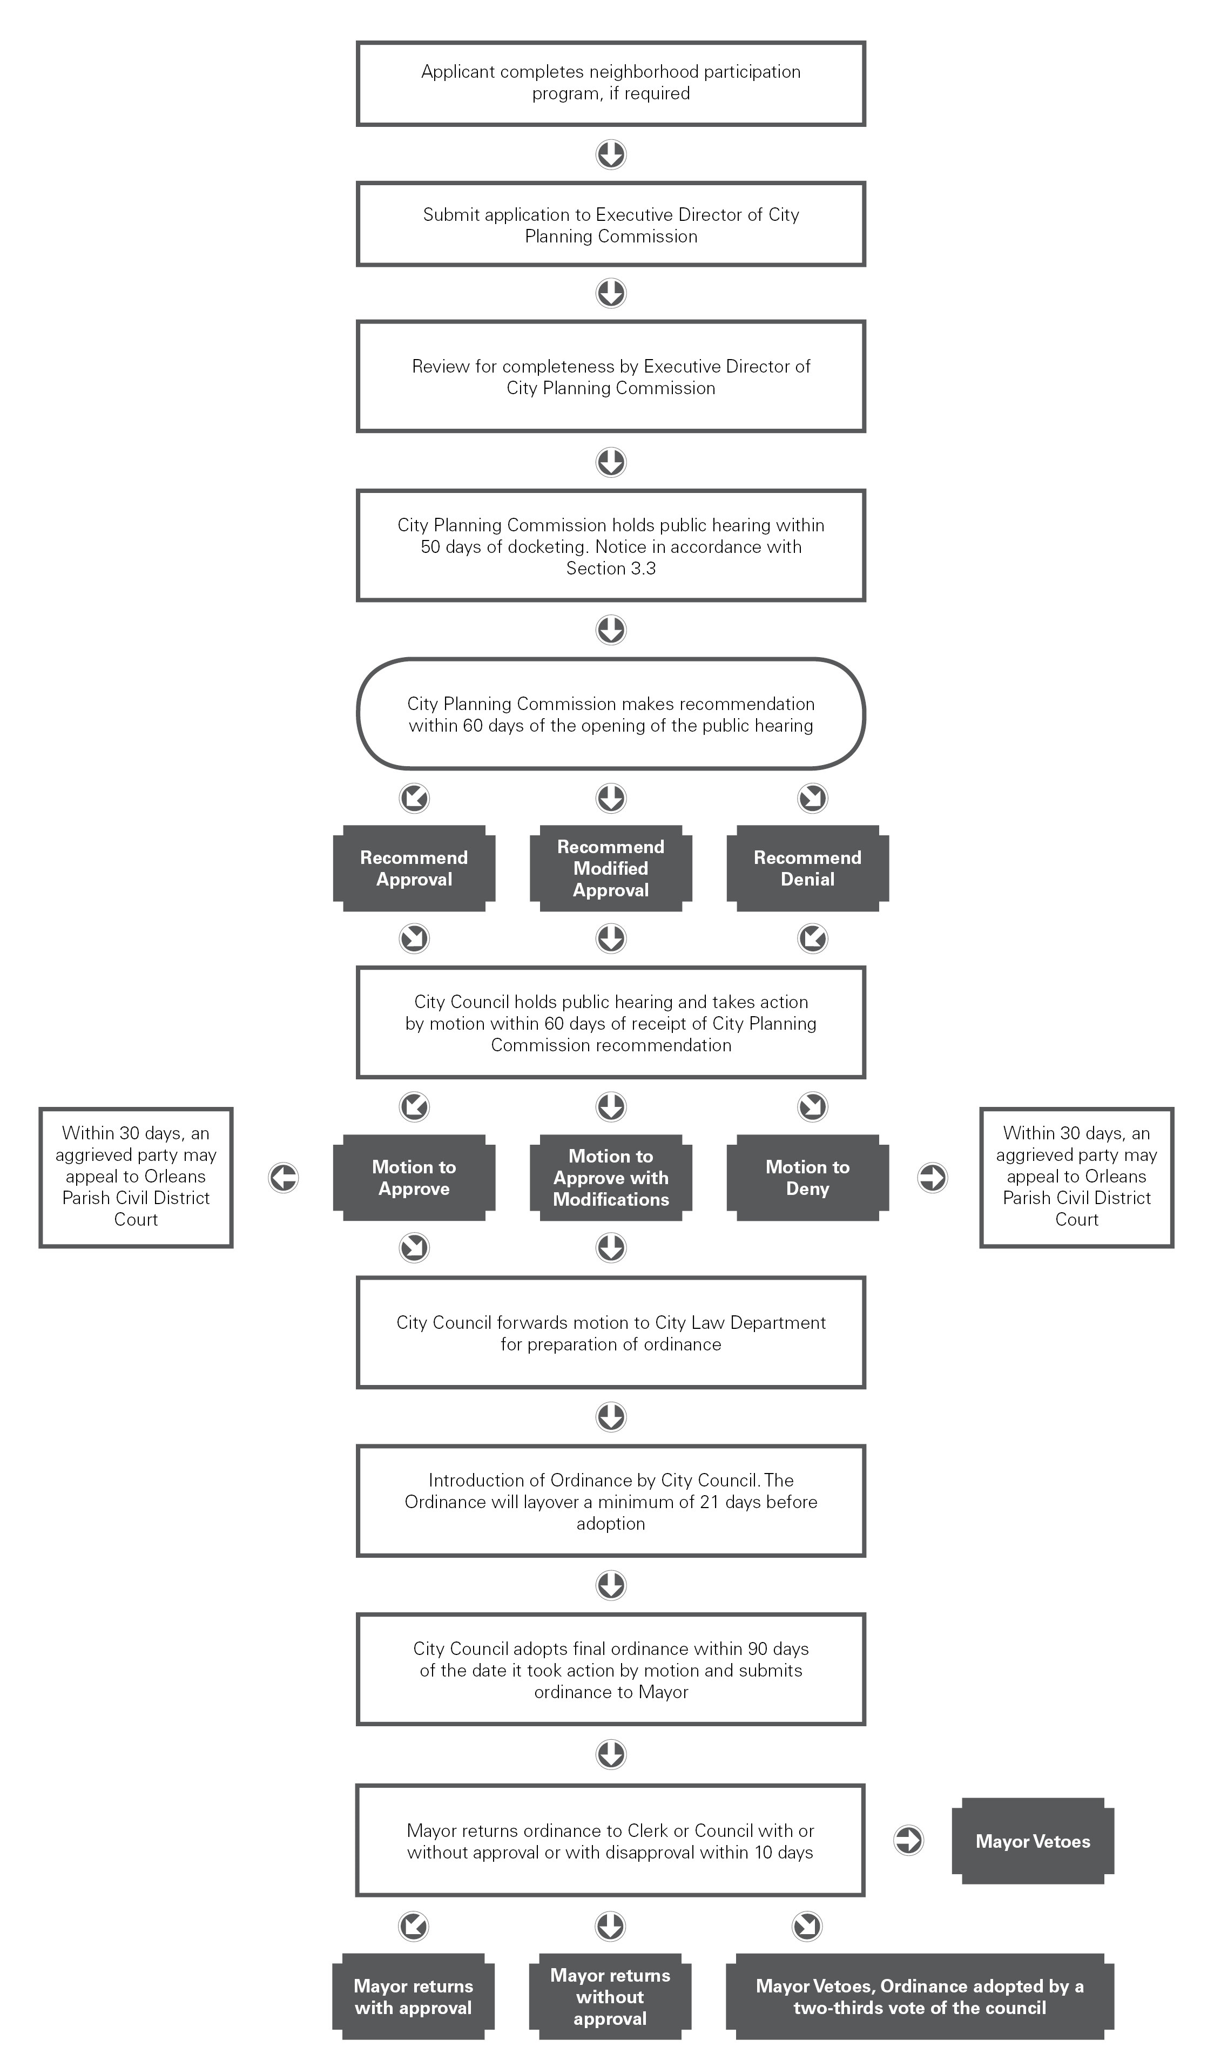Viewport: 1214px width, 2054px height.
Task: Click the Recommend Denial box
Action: pyautogui.click(x=807, y=868)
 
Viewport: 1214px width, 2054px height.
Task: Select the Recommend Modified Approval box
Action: pyautogui.click(x=611, y=868)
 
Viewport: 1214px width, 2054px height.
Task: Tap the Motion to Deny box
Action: pyautogui.click(x=807, y=1178)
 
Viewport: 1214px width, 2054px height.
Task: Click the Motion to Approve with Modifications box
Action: pyautogui.click(x=611, y=1178)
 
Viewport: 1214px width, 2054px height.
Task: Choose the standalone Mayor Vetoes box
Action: pyautogui.click(x=1033, y=1841)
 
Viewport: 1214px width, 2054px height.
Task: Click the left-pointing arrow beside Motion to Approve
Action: pyautogui.click(x=284, y=1178)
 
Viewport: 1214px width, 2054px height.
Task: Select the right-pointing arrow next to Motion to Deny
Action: pyautogui.click(x=933, y=1178)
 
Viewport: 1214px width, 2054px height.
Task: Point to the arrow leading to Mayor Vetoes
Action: pyautogui.click(x=908, y=1841)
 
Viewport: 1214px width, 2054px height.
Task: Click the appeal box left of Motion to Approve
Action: pyautogui.click(x=136, y=1178)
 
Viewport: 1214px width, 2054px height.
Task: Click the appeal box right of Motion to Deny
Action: pyautogui.click(x=1077, y=1178)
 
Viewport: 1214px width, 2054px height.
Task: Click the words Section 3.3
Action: pyautogui.click(x=611, y=569)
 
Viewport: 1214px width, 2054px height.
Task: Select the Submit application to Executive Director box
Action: pyautogui.click(x=611, y=225)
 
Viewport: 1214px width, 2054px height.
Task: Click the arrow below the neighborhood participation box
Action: pyautogui.click(x=611, y=154)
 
